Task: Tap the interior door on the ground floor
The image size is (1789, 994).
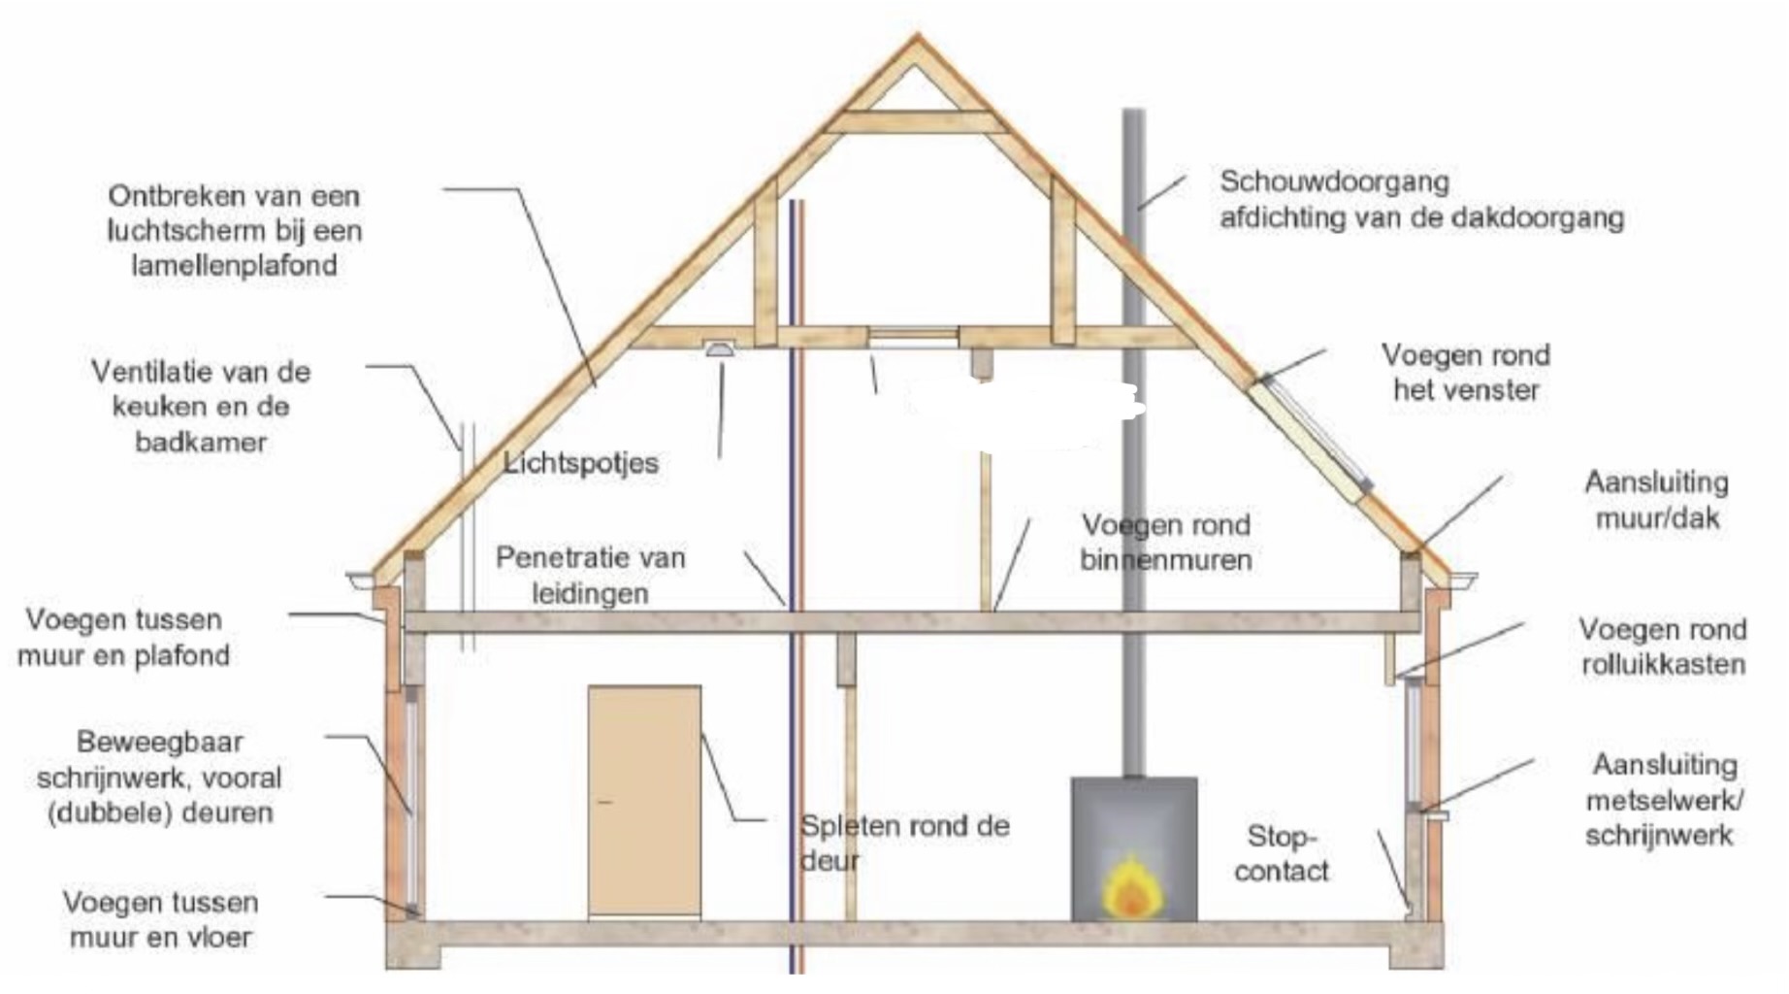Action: pyautogui.click(x=644, y=802)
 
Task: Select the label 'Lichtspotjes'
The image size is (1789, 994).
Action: pyautogui.click(x=581, y=462)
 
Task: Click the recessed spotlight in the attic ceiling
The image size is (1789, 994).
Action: pyautogui.click(x=719, y=349)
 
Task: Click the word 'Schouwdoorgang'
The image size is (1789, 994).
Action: pyautogui.click(x=1334, y=182)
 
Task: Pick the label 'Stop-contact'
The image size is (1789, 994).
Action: pyautogui.click(x=1282, y=853)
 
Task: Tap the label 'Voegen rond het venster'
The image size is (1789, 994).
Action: pyautogui.click(x=1466, y=372)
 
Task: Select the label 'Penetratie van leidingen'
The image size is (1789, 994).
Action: pyautogui.click(x=590, y=575)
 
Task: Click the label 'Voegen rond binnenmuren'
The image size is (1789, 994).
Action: pyautogui.click(x=1166, y=542)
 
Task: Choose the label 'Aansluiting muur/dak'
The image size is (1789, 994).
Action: pyautogui.click(x=1656, y=499)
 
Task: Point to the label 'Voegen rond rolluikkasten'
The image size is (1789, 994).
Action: pyautogui.click(x=1663, y=646)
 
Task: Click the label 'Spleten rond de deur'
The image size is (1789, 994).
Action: pyautogui.click(x=904, y=843)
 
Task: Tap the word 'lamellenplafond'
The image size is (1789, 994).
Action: pyautogui.click(x=234, y=265)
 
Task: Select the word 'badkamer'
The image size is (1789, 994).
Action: pyautogui.click(x=201, y=442)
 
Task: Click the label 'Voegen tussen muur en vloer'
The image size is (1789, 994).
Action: pyautogui.click(x=161, y=919)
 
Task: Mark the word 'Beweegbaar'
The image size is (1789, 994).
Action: pyautogui.click(x=160, y=742)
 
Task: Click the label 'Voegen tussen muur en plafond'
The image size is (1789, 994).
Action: pyautogui.click(x=124, y=637)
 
